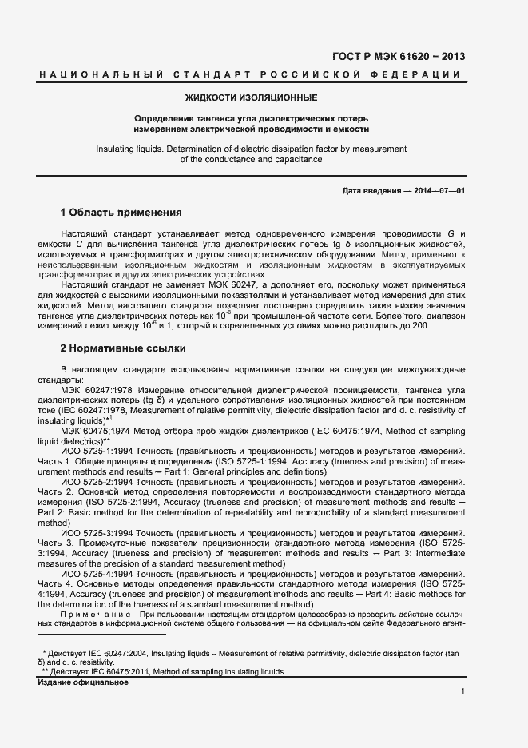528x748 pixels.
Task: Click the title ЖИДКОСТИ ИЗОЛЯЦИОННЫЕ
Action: pos(252,98)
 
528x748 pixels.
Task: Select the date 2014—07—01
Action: pos(437,191)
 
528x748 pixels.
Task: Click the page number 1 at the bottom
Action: pos(462,692)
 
